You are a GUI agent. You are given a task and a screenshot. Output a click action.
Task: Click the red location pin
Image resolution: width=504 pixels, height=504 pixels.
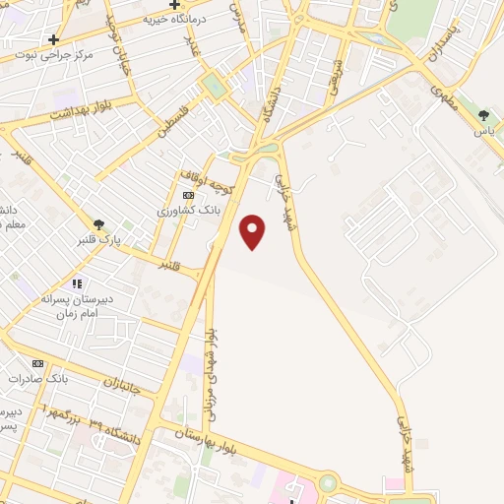click(x=253, y=231)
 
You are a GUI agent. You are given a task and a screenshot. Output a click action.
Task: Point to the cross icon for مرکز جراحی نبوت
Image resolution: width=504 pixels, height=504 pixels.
click(x=53, y=39)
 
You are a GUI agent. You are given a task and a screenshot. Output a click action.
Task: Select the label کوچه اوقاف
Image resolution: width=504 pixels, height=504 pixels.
click(x=207, y=178)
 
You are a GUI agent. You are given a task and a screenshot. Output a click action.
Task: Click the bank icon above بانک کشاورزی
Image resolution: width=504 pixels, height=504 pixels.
click(x=188, y=197)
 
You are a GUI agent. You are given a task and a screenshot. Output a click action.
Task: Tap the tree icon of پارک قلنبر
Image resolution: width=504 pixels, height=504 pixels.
click(x=97, y=224)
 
